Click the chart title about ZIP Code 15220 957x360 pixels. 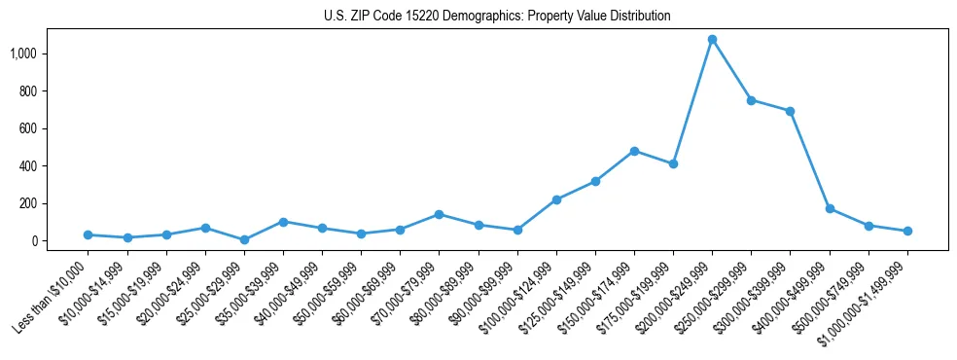coord(497,17)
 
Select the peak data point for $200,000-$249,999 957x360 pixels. coord(712,40)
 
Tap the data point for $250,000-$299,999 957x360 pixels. coord(751,100)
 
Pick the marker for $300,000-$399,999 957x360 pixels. coord(790,111)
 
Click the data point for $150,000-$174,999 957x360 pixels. coord(634,151)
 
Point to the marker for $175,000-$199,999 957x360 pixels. coord(673,163)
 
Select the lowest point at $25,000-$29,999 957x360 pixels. coord(244,239)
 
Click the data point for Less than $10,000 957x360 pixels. coord(88,234)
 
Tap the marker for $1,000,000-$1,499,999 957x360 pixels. coord(907,231)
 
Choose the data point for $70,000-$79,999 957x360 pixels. coord(439,214)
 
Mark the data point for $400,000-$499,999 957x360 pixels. coord(830,208)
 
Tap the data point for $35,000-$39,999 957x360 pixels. coord(283,222)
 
